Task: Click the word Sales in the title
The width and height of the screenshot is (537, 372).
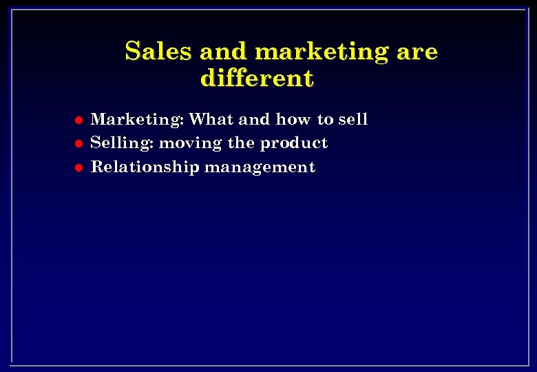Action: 159,52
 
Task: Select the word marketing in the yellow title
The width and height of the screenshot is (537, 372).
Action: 321,52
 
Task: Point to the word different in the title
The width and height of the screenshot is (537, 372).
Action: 257,79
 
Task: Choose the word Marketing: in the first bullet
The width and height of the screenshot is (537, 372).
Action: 138,120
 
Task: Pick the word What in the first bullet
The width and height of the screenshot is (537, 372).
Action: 211,119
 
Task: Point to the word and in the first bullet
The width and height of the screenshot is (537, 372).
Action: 255,119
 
